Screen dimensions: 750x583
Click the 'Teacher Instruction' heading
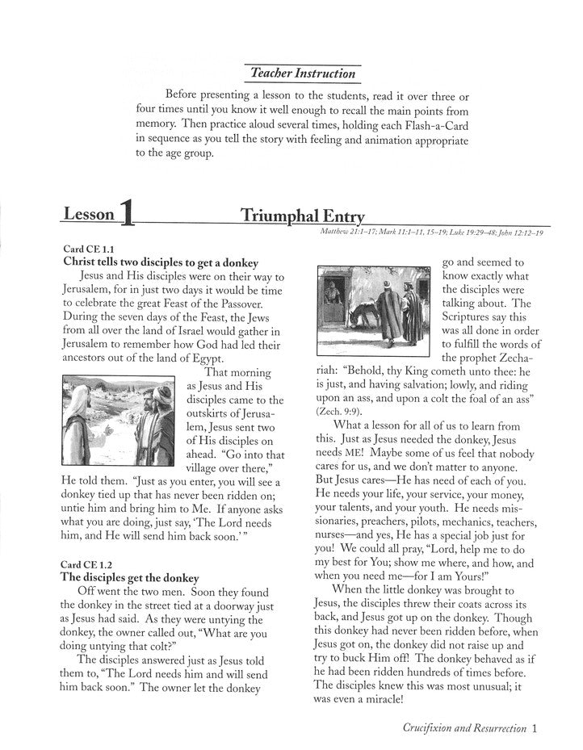[302, 73]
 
